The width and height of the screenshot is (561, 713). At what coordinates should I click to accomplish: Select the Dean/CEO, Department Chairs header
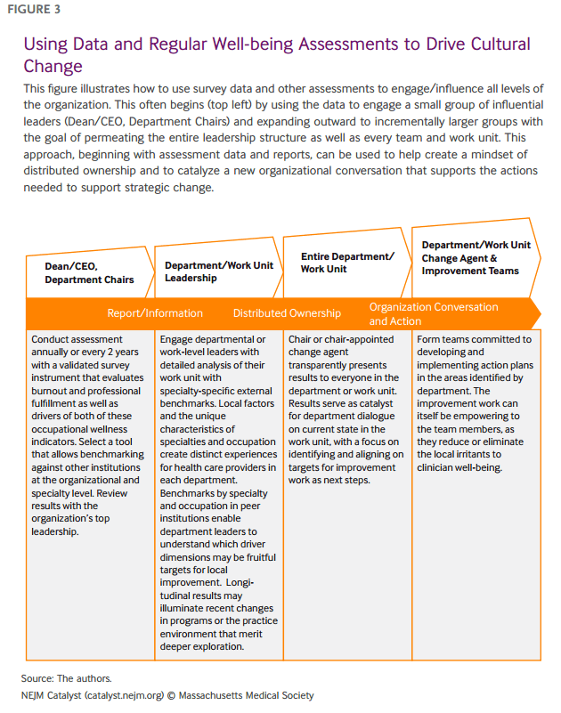[89, 272]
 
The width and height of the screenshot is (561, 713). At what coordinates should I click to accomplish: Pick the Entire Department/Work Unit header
[346, 263]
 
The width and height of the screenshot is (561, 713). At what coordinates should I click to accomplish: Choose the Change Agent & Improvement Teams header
[476, 258]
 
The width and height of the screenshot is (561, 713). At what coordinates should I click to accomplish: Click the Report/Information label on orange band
[155, 313]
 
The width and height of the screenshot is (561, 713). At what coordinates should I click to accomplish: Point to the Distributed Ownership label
[287, 313]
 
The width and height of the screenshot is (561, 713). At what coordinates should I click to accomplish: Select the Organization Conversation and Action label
[434, 314]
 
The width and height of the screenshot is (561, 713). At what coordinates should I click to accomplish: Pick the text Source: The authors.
[67, 678]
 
